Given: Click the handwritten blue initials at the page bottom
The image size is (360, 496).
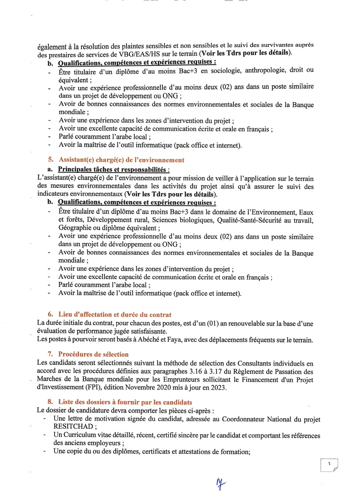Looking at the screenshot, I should (222, 483).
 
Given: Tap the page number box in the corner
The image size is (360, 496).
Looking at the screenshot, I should (329, 465).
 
